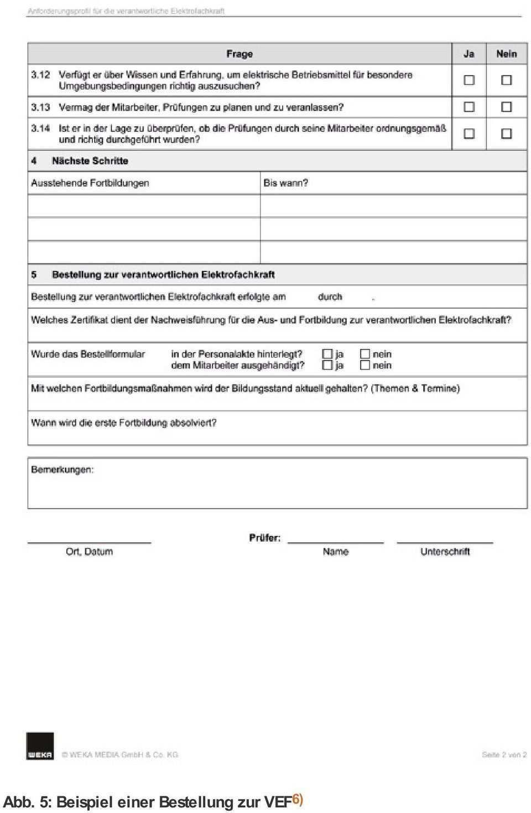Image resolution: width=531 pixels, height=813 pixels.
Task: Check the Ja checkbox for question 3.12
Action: tap(469, 80)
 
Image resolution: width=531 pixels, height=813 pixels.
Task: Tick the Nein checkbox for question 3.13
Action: tap(506, 107)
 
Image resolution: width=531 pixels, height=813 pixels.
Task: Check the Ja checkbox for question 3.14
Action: tap(469, 133)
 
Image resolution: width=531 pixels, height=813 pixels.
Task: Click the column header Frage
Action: tap(240, 54)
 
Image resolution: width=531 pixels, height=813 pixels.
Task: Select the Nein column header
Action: tap(506, 54)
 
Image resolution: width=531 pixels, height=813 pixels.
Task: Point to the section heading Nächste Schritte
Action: tap(90, 161)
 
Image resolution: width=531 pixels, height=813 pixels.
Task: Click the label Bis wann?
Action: tap(285, 183)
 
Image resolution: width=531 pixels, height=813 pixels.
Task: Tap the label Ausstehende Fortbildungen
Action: tap(90, 183)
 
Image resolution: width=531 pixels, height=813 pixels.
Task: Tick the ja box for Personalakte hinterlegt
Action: tap(327, 353)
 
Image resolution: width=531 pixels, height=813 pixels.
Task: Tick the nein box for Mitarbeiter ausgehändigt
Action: tap(365, 365)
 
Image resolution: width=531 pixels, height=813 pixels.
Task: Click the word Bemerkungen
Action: tap(63, 470)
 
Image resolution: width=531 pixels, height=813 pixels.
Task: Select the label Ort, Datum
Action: tap(89, 551)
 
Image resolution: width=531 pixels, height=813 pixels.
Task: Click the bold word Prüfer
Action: tap(264, 538)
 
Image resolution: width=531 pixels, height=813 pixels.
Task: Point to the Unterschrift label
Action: tap(445, 551)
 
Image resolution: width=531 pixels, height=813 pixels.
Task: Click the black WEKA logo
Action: tap(40, 746)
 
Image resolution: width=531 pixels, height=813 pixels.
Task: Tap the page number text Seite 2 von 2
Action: tap(504, 754)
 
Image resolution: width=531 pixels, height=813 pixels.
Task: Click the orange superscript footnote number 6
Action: tap(298, 799)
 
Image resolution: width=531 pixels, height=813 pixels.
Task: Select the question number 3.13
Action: tap(40, 107)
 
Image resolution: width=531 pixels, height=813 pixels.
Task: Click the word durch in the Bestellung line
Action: tap(330, 297)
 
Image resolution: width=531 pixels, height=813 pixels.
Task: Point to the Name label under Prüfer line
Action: tap(335, 551)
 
